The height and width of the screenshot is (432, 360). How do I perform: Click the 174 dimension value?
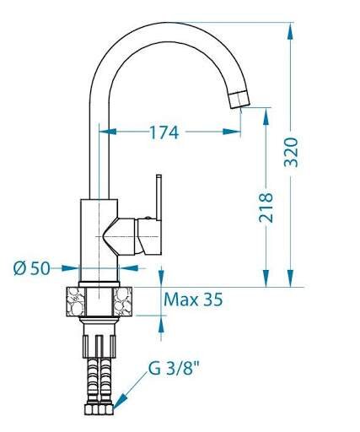pyautogui.click(x=164, y=132)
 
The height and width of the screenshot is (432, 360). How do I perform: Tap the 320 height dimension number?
pyautogui.click(x=291, y=152)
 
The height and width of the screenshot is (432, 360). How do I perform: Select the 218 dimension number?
pyautogui.click(x=266, y=208)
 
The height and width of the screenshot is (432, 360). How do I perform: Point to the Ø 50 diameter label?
pyautogui.click(x=32, y=268)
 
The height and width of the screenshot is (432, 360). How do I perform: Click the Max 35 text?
pyautogui.click(x=193, y=300)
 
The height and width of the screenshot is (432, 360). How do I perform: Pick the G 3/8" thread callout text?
pyautogui.click(x=174, y=369)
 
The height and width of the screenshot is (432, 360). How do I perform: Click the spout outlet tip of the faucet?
pyautogui.click(x=239, y=100)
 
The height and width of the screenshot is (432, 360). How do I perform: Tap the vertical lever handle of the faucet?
pyautogui.click(x=159, y=197)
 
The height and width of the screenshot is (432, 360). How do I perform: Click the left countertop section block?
pyautogui.click(x=76, y=301)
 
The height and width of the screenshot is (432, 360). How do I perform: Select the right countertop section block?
pyautogui.click(x=122, y=301)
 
